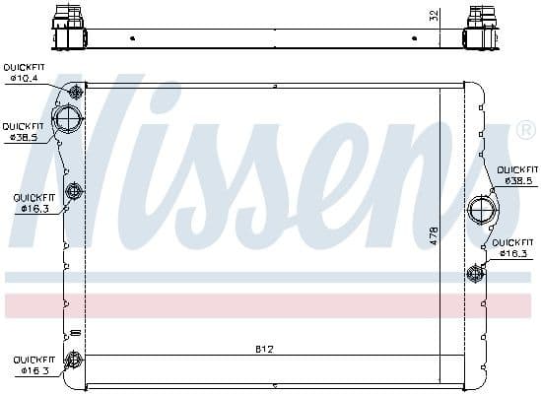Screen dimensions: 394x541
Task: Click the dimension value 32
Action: pyautogui.click(x=435, y=17)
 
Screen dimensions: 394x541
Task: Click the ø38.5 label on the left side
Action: pyautogui.click(x=23, y=137)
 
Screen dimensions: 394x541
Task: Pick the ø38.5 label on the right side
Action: pyautogui.click(x=518, y=181)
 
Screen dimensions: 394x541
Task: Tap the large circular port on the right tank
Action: pyautogui.click(x=482, y=210)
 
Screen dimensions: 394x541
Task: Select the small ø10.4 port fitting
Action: pyautogui.click(x=75, y=94)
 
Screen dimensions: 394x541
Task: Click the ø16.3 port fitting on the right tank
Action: pyautogui.click(x=476, y=273)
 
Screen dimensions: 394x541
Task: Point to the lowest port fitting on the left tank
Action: pyautogui.click(x=72, y=360)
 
